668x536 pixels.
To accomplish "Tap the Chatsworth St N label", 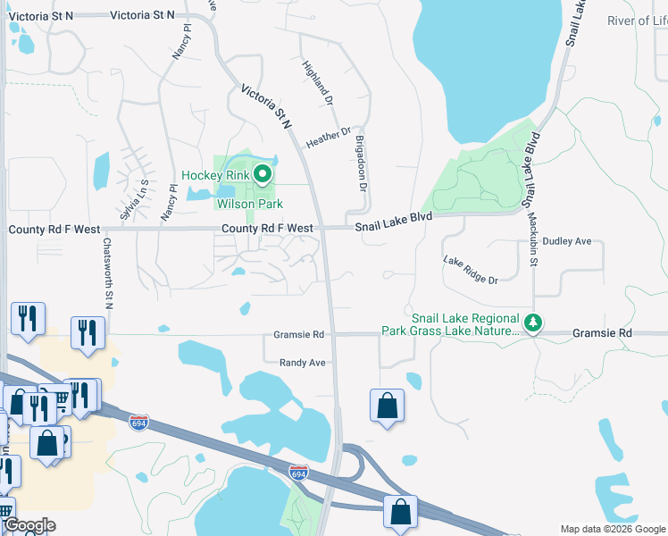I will click(107, 273).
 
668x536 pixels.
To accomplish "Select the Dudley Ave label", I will click(567, 241).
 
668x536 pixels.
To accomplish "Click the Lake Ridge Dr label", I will click(470, 269).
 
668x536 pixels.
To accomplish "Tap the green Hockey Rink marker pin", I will click(262, 174).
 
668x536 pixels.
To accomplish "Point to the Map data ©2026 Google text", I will click(612, 528).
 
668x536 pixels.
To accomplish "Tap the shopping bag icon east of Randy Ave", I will click(387, 406).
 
